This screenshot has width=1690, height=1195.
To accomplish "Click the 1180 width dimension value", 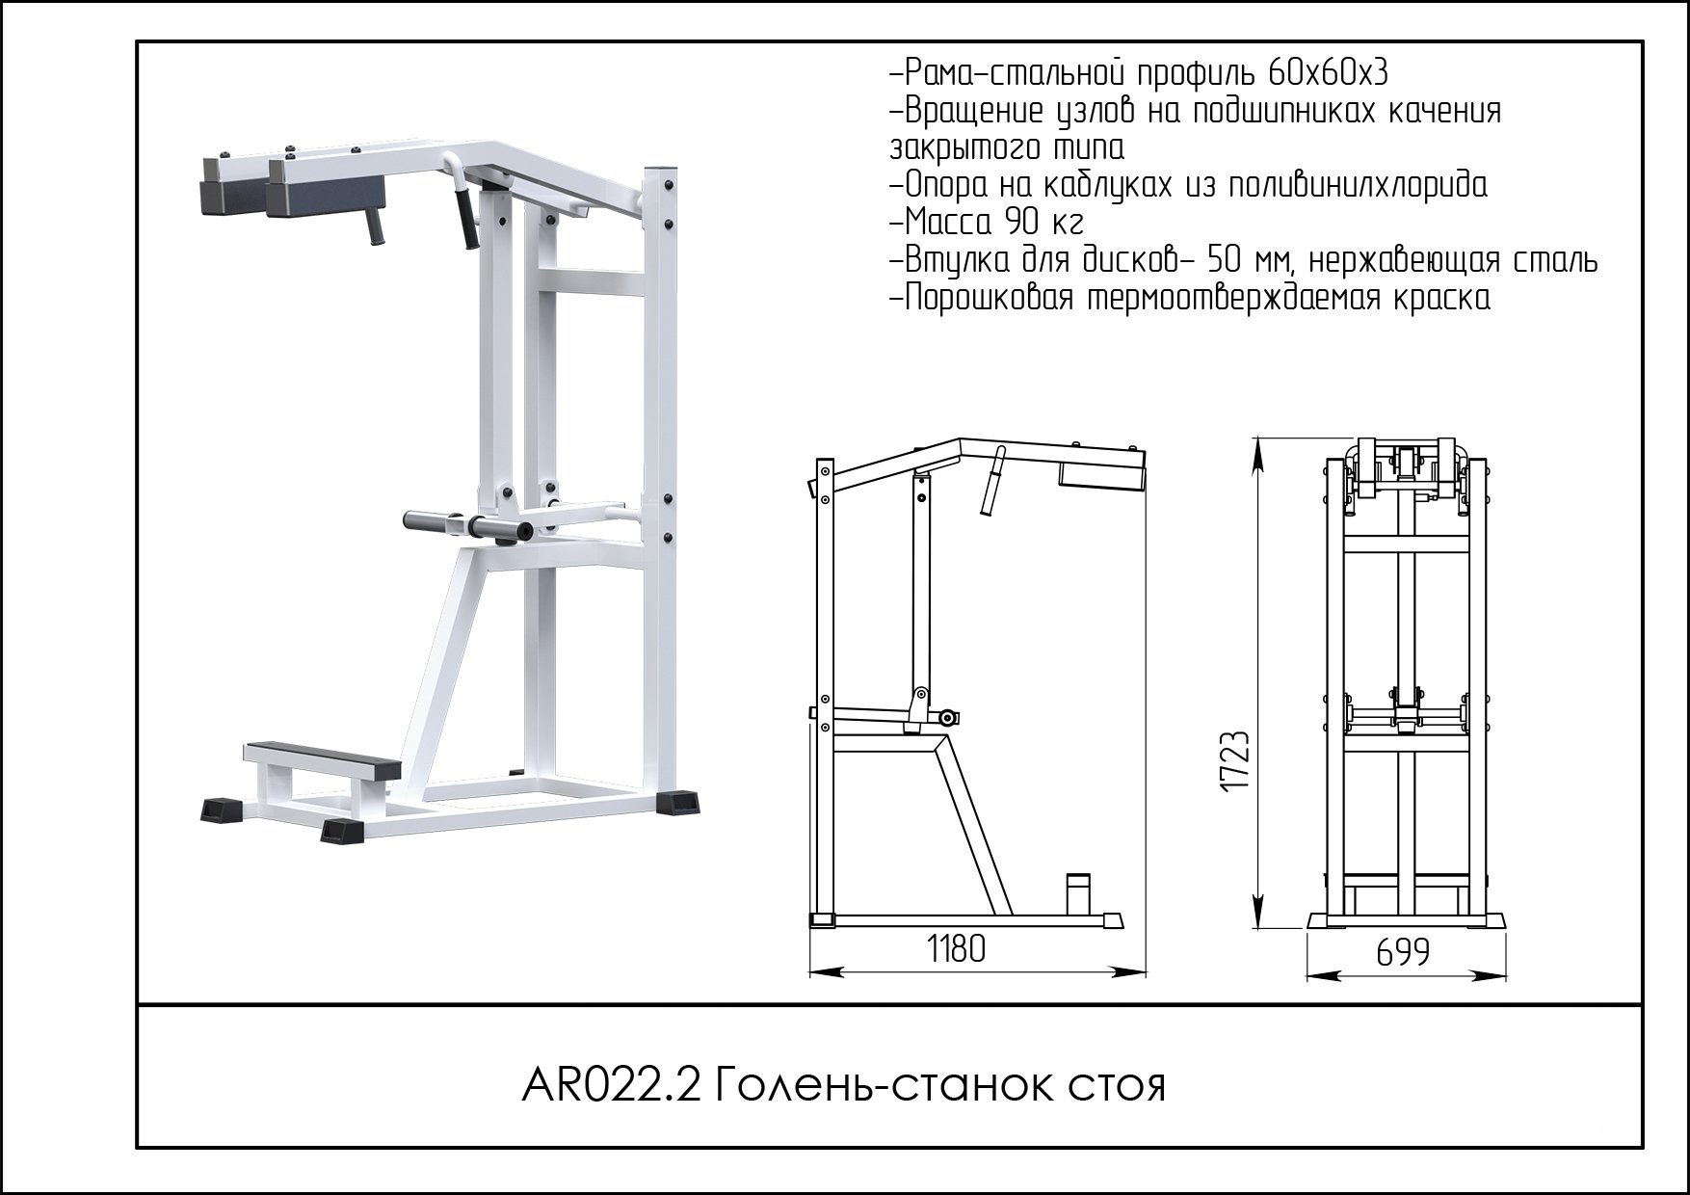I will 956,949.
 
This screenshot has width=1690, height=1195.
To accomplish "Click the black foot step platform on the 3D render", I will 323,756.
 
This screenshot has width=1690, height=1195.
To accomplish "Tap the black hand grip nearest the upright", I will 466,218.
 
